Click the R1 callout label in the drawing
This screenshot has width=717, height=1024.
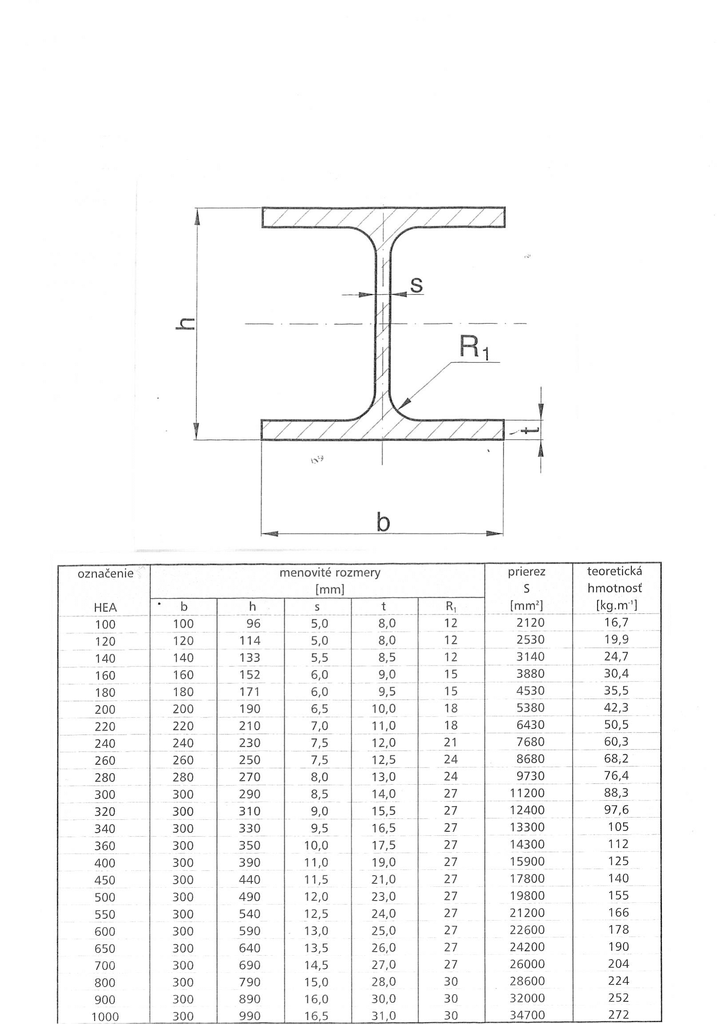point(474,347)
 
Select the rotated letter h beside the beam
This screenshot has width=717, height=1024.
point(186,323)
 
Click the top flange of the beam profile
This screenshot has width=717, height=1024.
point(383,217)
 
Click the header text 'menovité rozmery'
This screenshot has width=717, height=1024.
point(330,573)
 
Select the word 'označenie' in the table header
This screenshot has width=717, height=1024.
point(105,574)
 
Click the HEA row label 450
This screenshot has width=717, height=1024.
point(105,880)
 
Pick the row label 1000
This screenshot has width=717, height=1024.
point(105,1016)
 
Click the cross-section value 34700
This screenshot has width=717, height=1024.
point(527,1015)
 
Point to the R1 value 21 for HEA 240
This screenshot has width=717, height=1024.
point(450,742)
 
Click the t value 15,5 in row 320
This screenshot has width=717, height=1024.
point(383,811)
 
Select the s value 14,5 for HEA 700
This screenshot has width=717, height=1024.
point(316,964)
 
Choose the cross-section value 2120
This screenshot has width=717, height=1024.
point(530,623)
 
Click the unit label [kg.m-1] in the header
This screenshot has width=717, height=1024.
point(616,605)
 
